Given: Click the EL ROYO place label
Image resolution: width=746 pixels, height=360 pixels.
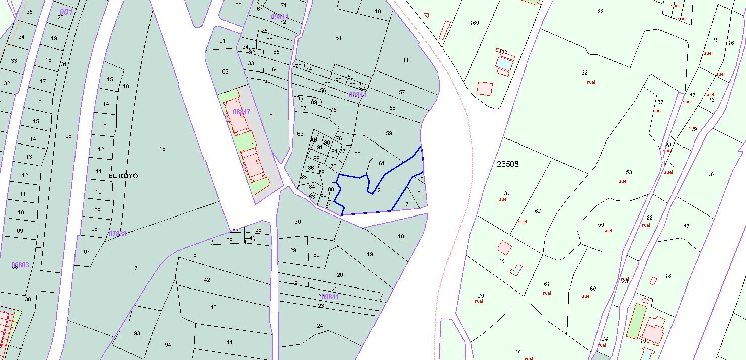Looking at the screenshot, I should (123, 176).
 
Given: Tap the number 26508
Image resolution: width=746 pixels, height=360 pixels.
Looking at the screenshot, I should (507, 164).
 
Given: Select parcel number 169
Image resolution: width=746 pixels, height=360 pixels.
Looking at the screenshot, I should (474, 23).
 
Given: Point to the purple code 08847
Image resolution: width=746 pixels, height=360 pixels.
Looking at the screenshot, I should (241, 112).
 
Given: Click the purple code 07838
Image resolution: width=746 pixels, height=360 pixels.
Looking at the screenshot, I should (118, 234).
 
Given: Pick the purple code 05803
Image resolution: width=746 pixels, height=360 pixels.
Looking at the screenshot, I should (20, 265).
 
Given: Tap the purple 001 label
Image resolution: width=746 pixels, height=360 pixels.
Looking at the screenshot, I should (65, 12).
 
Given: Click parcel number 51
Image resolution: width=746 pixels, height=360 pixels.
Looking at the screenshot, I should (339, 38).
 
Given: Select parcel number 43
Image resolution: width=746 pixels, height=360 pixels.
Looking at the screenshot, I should (213, 307).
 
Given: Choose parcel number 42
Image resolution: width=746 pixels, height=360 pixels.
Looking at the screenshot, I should (207, 280).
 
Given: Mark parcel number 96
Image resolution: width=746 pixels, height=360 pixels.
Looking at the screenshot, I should (294, 282).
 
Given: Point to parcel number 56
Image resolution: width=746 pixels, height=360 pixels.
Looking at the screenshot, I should (323, 91).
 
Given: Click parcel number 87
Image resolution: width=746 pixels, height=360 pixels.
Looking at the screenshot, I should (303, 108).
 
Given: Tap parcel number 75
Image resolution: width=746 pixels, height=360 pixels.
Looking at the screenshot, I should (333, 110).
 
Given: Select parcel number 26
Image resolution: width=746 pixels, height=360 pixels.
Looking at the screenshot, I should (68, 136).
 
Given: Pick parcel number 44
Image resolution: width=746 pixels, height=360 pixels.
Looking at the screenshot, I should (229, 342).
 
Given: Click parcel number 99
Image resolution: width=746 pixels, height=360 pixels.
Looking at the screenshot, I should (316, 158).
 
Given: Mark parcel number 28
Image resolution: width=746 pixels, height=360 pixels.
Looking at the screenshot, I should (517, 352).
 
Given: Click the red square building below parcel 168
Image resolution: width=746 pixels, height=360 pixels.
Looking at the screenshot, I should (485, 88).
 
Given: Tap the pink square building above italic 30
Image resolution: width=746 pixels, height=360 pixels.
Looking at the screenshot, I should (504, 247).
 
